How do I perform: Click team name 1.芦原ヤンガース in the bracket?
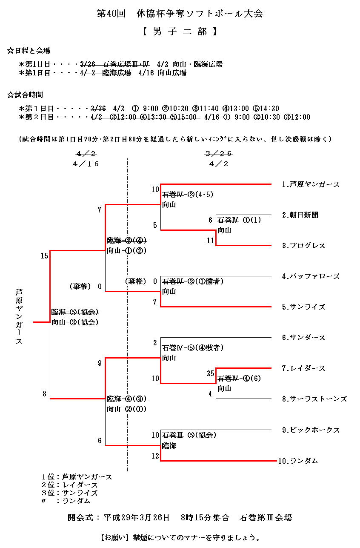coord(311,184)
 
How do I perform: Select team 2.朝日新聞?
coord(300,215)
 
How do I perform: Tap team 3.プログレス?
coord(303,246)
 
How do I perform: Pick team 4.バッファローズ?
coord(311,276)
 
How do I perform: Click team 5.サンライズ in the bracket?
coord(303,307)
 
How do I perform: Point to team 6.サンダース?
coord(303,338)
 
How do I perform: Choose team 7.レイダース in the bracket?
coord(303,368)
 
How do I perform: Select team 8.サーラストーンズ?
coord(314,399)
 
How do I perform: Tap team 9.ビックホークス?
coord(311,430)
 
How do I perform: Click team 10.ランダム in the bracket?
coord(298,461)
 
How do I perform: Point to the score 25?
coord(210,373)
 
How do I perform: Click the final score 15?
coord(45,256)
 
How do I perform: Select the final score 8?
coord(44,394)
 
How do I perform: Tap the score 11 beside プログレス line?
coord(210,241)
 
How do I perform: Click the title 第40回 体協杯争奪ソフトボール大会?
coord(180,14)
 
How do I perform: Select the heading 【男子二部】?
coord(180,32)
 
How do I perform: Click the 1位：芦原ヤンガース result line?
coord(77,477)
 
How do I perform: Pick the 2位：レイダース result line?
coord(69,485)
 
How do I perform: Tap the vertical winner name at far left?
coord(19,317)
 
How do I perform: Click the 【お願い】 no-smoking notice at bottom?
coord(180,537)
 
